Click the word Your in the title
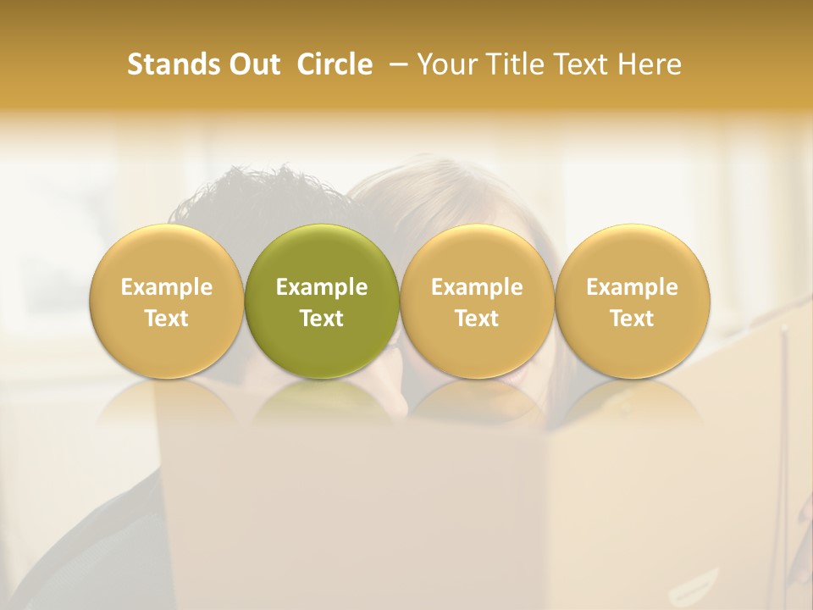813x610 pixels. click(x=450, y=64)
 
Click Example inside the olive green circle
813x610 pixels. click(x=322, y=287)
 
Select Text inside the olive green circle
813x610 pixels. click(x=322, y=318)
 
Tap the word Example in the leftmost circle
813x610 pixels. click(x=167, y=287)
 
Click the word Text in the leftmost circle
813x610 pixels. click(x=167, y=318)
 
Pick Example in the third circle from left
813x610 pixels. click(x=477, y=287)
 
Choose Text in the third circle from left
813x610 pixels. click(x=477, y=318)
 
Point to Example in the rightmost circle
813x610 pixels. click(x=632, y=287)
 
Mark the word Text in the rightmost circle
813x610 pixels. click(x=632, y=318)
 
